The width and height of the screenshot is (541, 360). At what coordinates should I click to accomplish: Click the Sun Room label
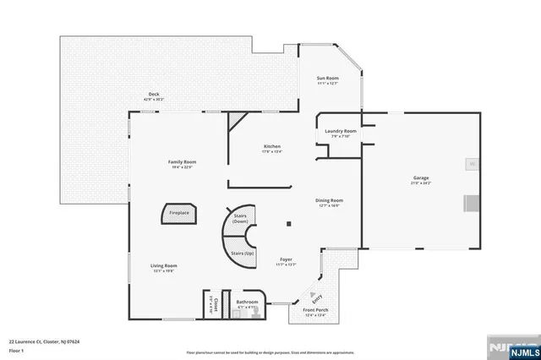tap(327, 78)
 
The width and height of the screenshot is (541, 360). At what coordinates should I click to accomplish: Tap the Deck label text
tap(154, 94)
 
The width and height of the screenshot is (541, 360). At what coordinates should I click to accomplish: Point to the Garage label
tap(421, 178)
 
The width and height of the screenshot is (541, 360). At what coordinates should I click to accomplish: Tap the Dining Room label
tap(330, 200)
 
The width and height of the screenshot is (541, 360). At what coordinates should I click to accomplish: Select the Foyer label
tap(286, 260)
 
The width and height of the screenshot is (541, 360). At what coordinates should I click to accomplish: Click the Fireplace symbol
tap(179, 213)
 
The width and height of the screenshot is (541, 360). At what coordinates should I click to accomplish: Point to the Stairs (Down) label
tap(240, 218)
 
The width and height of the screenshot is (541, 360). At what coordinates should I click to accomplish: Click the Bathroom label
tap(247, 302)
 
